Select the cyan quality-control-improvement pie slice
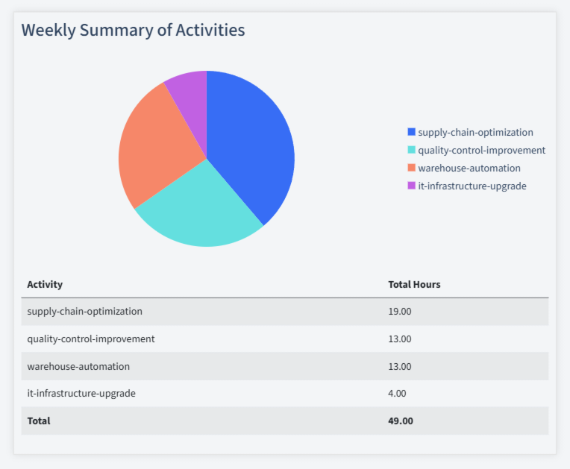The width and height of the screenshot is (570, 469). click(x=201, y=209)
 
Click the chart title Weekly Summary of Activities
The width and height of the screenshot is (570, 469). click(x=133, y=30)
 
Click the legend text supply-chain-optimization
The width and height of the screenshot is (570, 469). click(x=475, y=132)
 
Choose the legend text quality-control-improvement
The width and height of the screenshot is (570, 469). click(x=481, y=150)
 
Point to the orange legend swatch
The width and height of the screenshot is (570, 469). click(x=411, y=168)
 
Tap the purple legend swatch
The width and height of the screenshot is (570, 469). click(x=411, y=186)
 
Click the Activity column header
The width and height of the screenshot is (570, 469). click(x=45, y=284)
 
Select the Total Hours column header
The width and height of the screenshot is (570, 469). click(x=414, y=284)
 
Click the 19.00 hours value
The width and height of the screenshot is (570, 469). click(x=400, y=311)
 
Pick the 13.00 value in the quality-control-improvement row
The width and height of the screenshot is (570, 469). click(x=400, y=339)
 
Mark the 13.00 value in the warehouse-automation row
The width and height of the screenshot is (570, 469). click(x=400, y=366)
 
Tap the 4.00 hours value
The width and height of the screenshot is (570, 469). click(x=397, y=393)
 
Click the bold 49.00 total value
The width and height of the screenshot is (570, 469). click(x=401, y=421)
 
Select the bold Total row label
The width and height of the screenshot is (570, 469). click(x=39, y=421)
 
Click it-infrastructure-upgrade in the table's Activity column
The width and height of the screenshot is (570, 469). click(x=81, y=393)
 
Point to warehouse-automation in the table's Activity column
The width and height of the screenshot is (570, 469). click(x=78, y=366)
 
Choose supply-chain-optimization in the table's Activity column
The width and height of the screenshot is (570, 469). click(x=84, y=311)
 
